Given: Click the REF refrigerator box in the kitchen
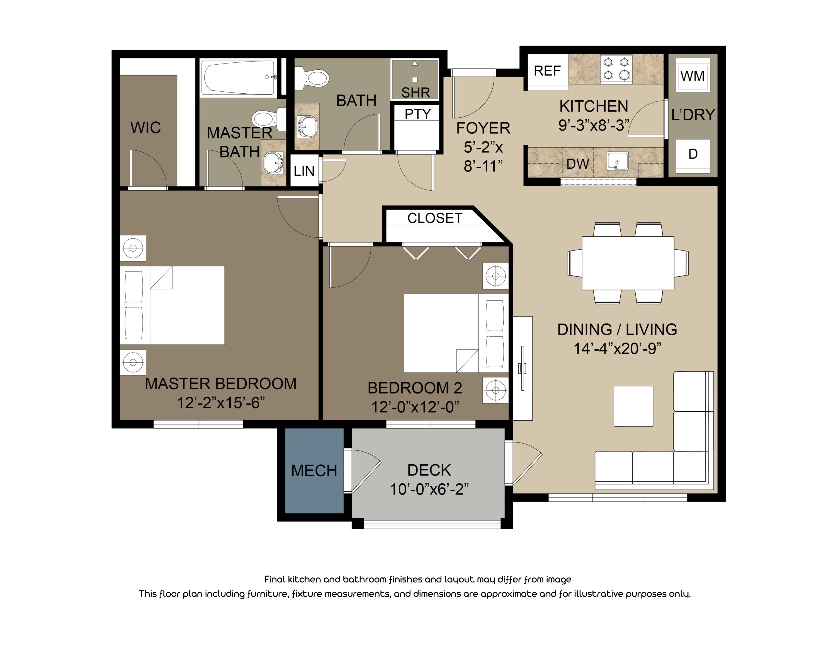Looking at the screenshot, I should coord(547,71).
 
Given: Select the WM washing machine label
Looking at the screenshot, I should coord(692,76).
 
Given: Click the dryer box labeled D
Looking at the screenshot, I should coord(692,154).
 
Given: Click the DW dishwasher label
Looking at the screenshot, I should coord(577,164).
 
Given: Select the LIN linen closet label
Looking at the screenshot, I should coord(304,171).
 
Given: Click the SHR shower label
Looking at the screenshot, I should coord(415,93).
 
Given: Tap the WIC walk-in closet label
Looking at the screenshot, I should coord(145,127).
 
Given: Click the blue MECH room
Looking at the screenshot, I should coord(314,471).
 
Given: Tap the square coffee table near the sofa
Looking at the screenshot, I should coord(633,406).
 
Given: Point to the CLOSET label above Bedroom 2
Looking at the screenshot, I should coord(434,218).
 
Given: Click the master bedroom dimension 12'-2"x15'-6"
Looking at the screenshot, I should coord(221,403).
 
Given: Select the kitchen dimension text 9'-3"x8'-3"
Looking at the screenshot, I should coord(594,125).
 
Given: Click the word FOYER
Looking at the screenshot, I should coord(483,128).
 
